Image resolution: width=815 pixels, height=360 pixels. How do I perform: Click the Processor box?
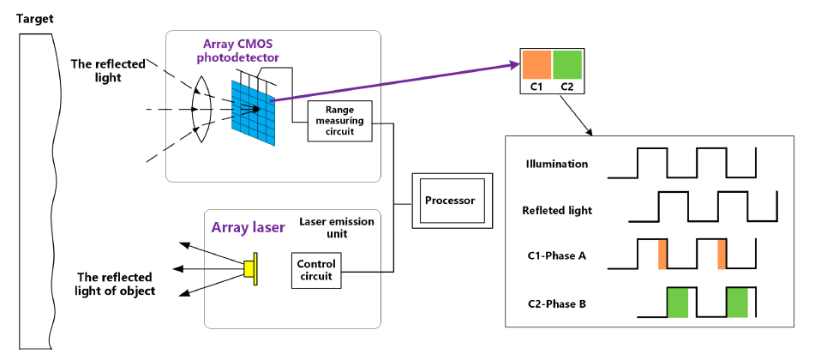pyautogui.click(x=449, y=201)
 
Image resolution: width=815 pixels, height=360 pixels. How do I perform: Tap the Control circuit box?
pyautogui.click(x=316, y=270)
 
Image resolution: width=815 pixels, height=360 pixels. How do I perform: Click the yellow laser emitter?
pyautogui.click(x=250, y=269)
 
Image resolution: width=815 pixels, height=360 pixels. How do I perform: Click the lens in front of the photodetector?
pyautogui.click(x=201, y=110)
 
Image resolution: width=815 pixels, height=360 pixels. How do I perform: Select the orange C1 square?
pyautogui.click(x=537, y=65)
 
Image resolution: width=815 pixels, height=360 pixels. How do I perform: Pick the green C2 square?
pyautogui.click(x=567, y=65)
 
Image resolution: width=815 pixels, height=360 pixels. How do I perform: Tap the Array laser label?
pyautogui.click(x=249, y=227)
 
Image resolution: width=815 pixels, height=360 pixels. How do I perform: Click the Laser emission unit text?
pyautogui.click(x=337, y=227)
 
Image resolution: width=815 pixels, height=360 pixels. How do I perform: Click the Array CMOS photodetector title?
pyautogui.click(x=243, y=51)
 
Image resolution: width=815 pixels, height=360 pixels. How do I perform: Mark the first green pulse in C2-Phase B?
pyautogui.click(x=677, y=303)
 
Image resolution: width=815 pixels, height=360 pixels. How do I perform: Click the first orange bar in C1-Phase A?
pyautogui.click(x=662, y=255)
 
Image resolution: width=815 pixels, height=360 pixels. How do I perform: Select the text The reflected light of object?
pyautogui.click(x=115, y=284)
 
